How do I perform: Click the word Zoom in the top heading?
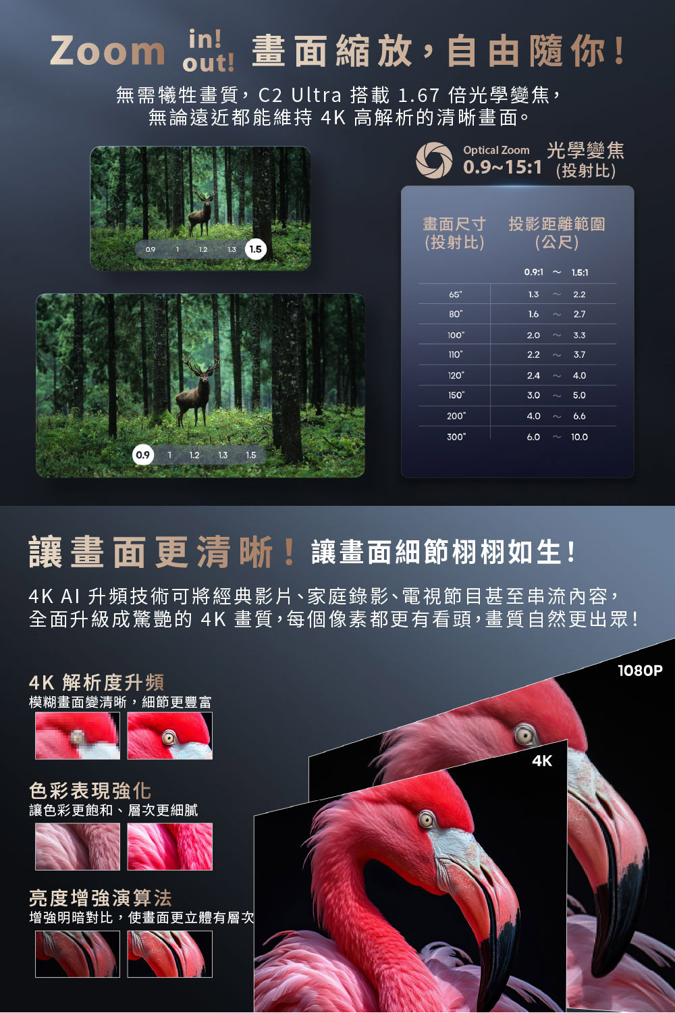(107, 51)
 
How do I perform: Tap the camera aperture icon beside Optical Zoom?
(434, 159)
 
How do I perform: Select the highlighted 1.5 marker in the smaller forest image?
(255, 249)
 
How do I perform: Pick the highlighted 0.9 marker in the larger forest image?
(143, 455)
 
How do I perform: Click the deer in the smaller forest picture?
(201, 213)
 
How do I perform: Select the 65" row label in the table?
(455, 294)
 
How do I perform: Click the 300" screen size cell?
(456, 437)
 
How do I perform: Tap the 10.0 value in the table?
(579, 437)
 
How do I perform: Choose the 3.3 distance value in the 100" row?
(579, 335)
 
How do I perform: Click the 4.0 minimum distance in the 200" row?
(533, 416)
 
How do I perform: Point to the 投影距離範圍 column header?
(557, 224)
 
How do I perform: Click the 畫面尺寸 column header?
(454, 224)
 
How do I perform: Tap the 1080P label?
(640, 670)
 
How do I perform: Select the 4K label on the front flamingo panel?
(542, 761)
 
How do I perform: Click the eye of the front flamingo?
(426, 819)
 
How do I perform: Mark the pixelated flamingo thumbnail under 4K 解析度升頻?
(78, 736)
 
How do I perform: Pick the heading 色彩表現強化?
(90, 791)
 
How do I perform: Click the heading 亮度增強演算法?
(101, 898)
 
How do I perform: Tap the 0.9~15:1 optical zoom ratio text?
(502, 167)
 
